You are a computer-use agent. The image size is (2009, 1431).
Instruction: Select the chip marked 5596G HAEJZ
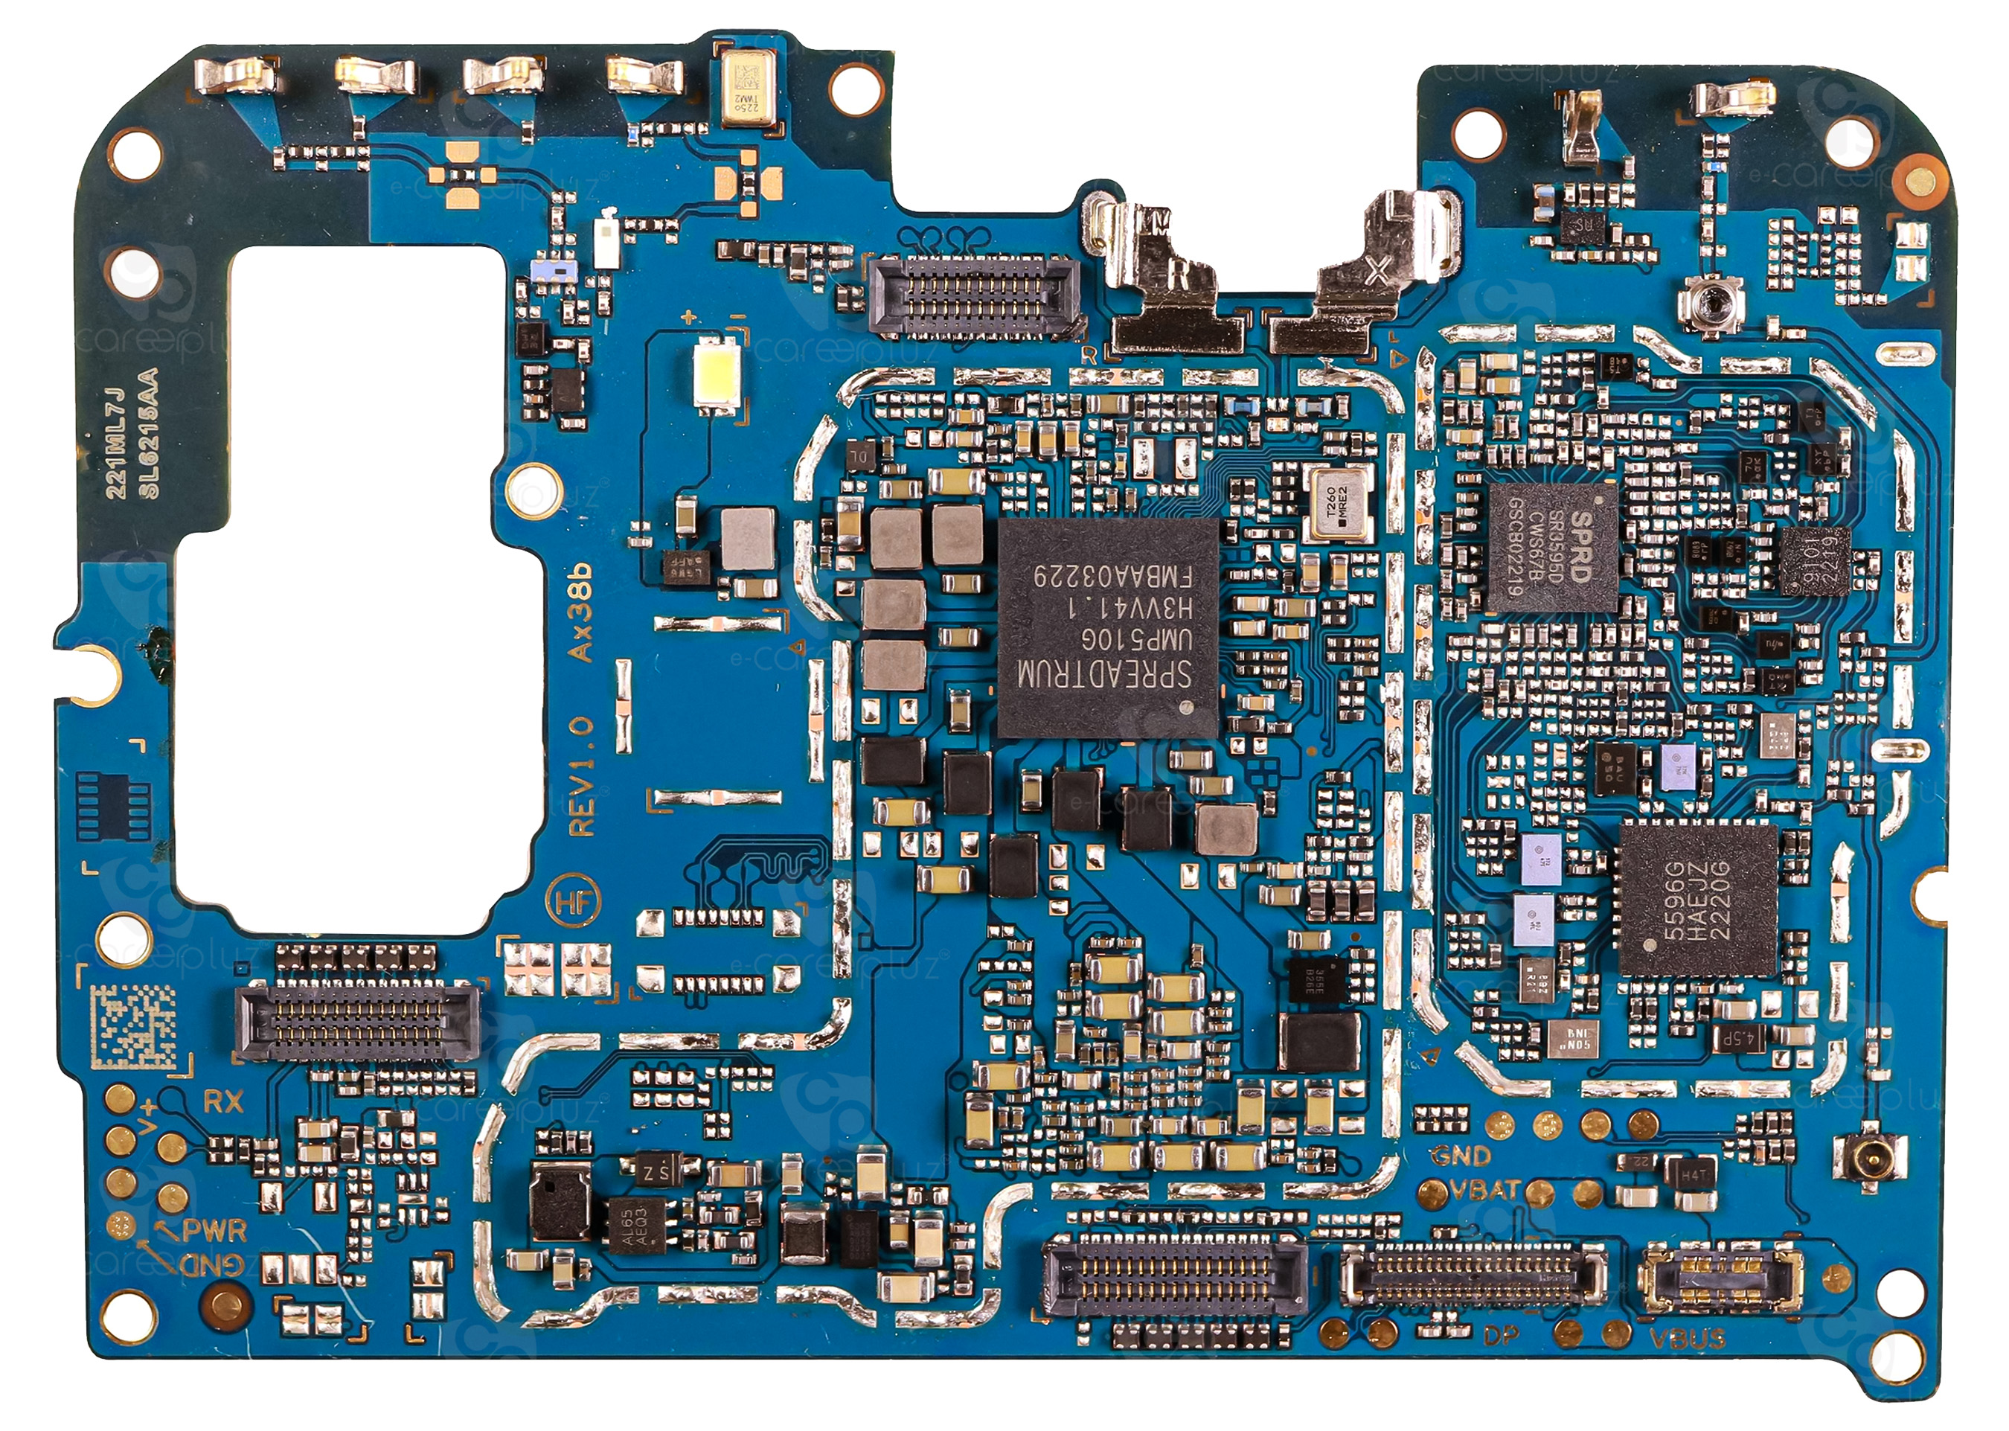(x=1698, y=900)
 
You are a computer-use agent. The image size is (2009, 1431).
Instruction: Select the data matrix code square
(x=134, y=1026)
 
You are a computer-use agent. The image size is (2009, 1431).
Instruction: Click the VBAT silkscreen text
(x=1484, y=1191)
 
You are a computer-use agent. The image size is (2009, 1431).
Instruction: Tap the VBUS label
(x=1687, y=1339)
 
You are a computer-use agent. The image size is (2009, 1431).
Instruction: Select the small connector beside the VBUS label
(x=1719, y=1279)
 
